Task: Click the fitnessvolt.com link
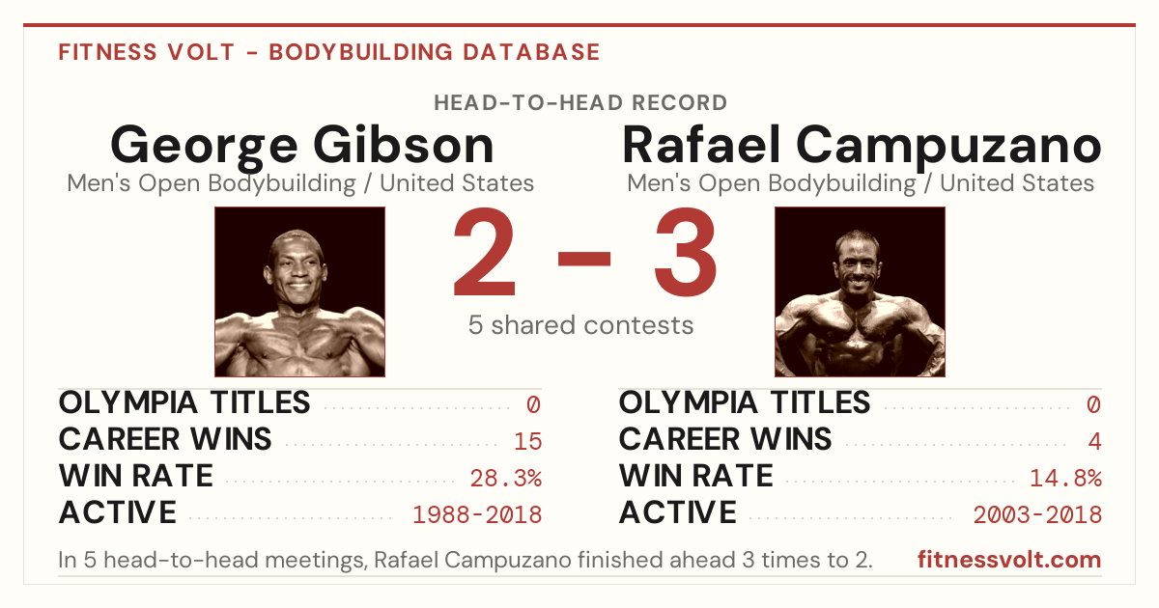click(1009, 560)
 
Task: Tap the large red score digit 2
click(484, 251)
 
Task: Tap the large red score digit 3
click(686, 252)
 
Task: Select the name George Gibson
click(302, 147)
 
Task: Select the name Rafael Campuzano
click(862, 147)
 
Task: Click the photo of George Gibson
click(299, 291)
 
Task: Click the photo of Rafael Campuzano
click(860, 291)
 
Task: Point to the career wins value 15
click(527, 441)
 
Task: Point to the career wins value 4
click(1094, 441)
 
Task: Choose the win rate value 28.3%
click(505, 479)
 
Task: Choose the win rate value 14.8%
click(1065, 479)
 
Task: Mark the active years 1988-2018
click(477, 515)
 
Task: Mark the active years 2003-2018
click(1037, 515)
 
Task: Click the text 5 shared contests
click(580, 325)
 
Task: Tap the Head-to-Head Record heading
click(580, 103)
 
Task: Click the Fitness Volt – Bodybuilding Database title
click(329, 52)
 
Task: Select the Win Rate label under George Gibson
click(135, 476)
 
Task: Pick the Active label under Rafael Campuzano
click(677, 512)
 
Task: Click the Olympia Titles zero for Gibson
click(533, 404)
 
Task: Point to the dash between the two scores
click(584, 259)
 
